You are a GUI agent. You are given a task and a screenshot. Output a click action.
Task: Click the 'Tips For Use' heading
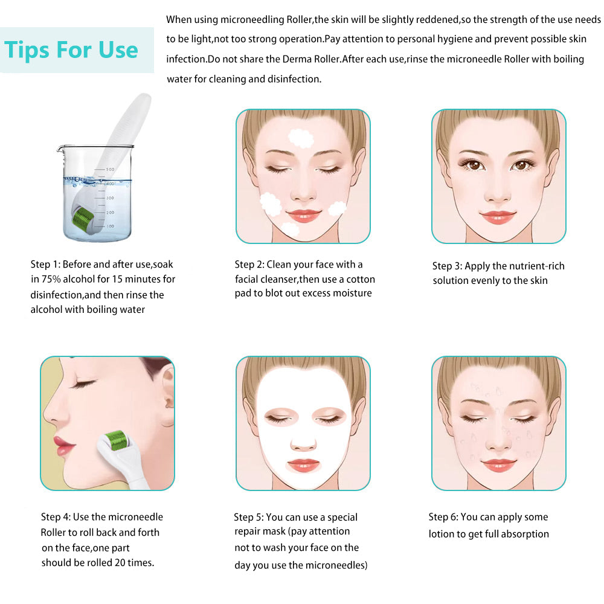72,50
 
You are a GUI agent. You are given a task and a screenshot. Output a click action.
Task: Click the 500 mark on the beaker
110,170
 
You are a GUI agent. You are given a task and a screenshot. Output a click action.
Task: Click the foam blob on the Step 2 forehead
300,138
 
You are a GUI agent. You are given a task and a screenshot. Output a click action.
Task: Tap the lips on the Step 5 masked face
303,465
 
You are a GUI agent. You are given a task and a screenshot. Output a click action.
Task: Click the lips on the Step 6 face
499,464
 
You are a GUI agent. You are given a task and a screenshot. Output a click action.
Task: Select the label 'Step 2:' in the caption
249,265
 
